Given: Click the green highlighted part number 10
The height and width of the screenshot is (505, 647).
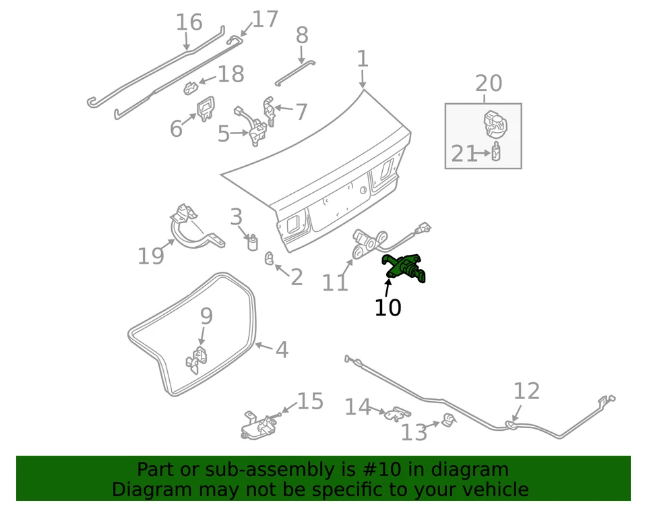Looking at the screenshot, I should (404, 268).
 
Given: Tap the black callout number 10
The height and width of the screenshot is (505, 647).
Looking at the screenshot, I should (388, 307).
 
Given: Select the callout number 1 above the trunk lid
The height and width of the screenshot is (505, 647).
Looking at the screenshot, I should (363, 59).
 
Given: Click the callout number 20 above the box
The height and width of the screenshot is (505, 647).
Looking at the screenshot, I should (489, 83).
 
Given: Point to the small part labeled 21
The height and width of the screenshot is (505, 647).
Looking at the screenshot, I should (496, 152).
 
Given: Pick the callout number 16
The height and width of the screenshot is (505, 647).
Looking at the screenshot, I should (189, 22).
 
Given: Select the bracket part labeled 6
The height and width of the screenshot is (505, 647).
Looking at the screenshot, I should (205, 107).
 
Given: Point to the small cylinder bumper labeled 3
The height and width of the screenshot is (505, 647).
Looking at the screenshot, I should (254, 241).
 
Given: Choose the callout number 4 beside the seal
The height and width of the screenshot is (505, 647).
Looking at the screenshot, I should (282, 350).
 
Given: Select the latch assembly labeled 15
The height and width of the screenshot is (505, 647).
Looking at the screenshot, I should (257, 424).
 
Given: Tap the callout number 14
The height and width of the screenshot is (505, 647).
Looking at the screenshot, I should (358, 407).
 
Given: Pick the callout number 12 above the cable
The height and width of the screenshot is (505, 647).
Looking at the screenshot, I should (526, 390).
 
